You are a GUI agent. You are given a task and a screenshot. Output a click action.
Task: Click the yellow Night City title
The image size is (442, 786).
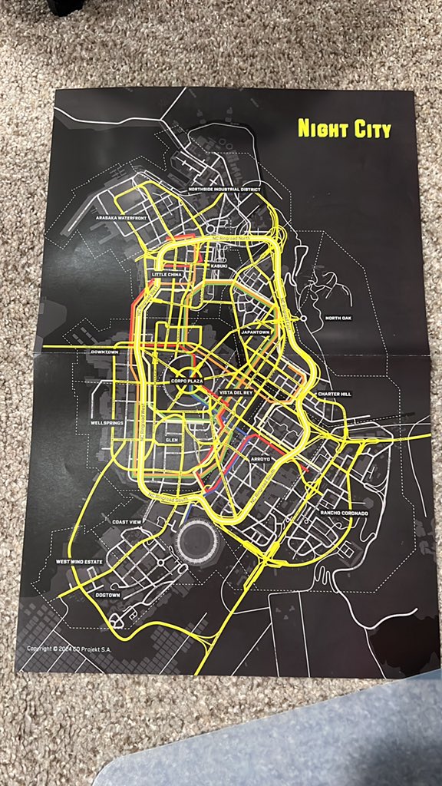[x=344, y=128]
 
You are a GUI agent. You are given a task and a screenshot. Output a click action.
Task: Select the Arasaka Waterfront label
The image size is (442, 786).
[x=121, y=219]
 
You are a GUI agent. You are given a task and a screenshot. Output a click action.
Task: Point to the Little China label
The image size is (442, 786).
[x=169, y=274]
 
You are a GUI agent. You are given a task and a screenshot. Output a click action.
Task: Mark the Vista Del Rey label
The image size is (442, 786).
[x=236, y=394]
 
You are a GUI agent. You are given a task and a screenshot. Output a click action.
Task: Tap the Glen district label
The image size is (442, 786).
[x=171, y=440]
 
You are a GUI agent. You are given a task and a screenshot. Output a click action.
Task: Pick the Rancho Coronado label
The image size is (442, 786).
[x=345, y=514]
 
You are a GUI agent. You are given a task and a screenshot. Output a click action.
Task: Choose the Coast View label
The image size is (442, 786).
[x=127, y=523]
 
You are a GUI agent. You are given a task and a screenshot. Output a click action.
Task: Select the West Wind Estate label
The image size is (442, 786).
[x=80, y=562]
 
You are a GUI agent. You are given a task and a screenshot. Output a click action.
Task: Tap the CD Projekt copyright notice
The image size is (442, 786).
[x=69, y=649]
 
